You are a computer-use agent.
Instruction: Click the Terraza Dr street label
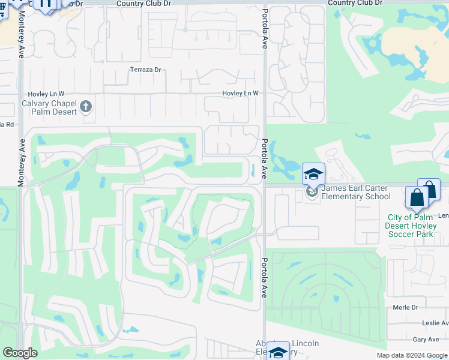click(146, 70)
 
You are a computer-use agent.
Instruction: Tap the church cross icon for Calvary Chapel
click(86, 107)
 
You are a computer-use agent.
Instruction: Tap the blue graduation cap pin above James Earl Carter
click(313, 174)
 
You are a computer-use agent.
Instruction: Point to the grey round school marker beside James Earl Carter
click(311, 191)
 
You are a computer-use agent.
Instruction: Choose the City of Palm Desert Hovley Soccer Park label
click(411, 226)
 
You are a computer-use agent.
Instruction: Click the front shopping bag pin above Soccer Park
click(417, 198)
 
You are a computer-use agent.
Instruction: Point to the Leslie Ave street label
click(435, 323)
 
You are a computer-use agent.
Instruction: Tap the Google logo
click(20, 353)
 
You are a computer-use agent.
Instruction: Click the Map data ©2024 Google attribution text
click(411, 355)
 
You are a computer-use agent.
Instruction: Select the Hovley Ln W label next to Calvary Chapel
click(46, 94)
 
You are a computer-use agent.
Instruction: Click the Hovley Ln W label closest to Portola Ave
click(240, 93)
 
